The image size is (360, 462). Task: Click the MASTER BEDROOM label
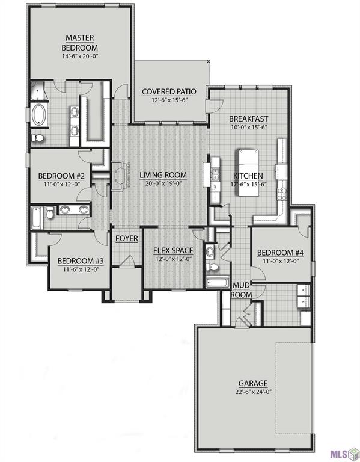tap(82, 43)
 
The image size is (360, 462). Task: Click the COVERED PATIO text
tap(169, 92)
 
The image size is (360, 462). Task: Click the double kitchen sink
tap(215, 175)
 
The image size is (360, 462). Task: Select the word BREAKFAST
tap(248, 119)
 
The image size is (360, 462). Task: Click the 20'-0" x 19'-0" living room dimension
tap(163, 185)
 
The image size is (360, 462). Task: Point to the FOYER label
tap(127, 239)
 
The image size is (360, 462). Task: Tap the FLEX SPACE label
tap(172, 250)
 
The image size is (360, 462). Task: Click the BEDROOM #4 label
tap(279, 253)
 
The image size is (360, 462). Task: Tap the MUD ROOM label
tap(242, 290)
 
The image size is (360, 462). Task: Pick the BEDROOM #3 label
tap(81, 261)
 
